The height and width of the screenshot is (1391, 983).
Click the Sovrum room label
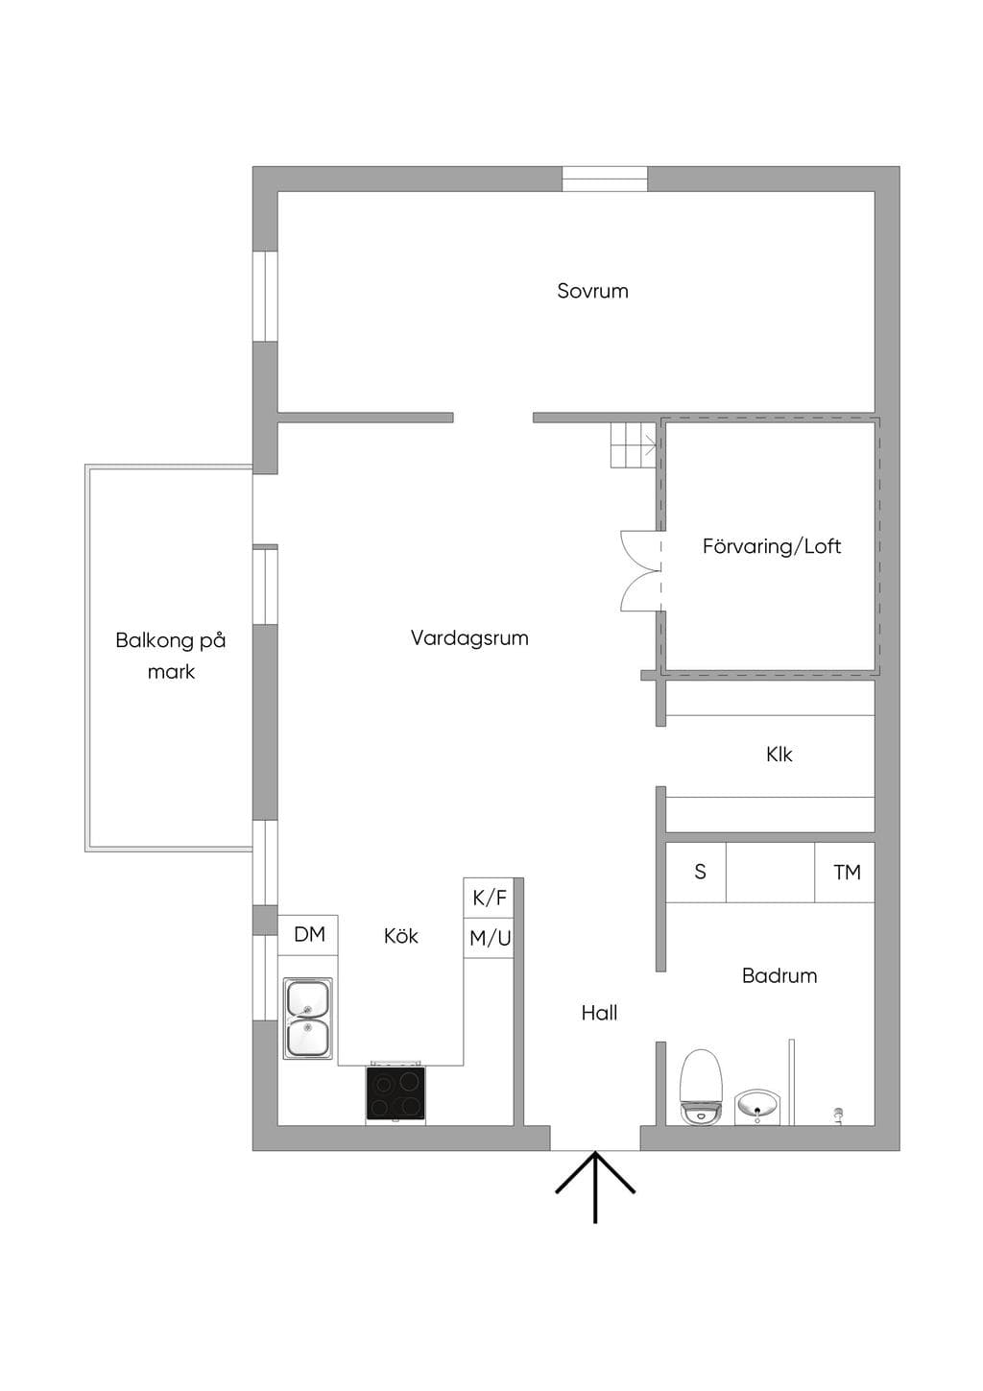coord(592,291)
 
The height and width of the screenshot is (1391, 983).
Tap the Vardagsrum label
coord(469,637)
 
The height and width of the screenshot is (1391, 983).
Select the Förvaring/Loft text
coord(771,546)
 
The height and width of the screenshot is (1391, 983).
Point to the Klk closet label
coord(779,754)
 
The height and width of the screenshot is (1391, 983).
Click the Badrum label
coord(779,975)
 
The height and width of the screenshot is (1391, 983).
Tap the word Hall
coord(599,1013)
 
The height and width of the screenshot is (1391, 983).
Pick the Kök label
coord(400,936)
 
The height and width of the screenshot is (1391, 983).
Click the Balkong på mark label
coord(171,655)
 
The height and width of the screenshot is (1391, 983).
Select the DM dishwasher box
coord(308,935)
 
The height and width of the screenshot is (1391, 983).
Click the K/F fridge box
coord(489,898)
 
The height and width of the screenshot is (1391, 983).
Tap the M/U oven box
coord(489,938)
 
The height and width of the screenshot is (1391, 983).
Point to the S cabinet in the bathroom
coord(696,872)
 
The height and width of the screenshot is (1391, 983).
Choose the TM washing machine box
coord(845,872)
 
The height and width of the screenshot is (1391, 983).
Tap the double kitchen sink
coord(308,1018)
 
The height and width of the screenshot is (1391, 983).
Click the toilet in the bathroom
coord(702,1087)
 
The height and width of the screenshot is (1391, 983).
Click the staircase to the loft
coord(634,444)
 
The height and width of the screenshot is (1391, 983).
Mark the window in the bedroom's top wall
coord(605,179)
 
